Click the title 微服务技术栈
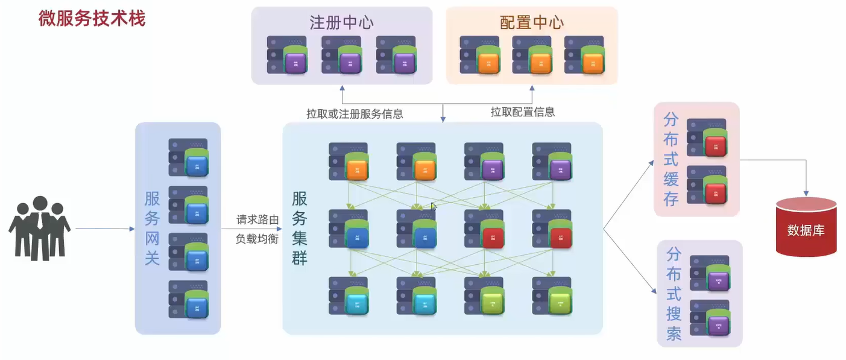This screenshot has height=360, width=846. [x=92, y=19]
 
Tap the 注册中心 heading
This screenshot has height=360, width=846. [x=341, y=23]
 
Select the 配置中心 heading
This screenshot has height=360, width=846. [x=532, y=23]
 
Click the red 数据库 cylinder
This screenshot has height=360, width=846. [x=806, y=227]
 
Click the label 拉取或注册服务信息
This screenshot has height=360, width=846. [x=355, y=113]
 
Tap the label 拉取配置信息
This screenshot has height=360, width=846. [x=522, y=112]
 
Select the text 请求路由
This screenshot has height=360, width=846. [x=257, y=221]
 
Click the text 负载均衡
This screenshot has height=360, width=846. [x=257, y=238]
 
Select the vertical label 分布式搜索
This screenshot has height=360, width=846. [x=674, y=294]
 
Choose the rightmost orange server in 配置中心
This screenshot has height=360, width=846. [x=584, y=55]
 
